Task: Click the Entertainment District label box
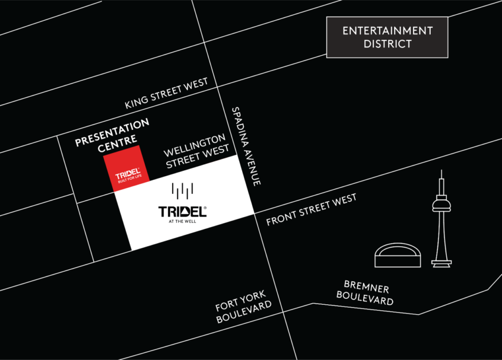[387, 37]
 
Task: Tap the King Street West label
[167, 94]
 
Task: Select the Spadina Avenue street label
[246, 146]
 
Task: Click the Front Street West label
[312, 210]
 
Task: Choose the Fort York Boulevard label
[244, 307]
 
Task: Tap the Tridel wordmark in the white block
[182, 212]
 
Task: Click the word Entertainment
[387, 31]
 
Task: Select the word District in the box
[387, 44]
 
